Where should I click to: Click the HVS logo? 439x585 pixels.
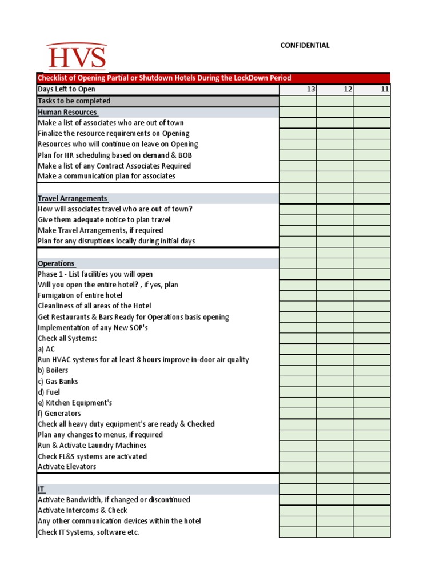(x=77, y=57)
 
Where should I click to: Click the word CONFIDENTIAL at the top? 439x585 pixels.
(x=305, y=46)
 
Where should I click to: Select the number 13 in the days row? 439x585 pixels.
(x=310, y=89)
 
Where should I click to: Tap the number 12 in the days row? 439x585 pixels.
(x=347, y=89)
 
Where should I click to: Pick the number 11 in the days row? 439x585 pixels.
(x=384, y=89)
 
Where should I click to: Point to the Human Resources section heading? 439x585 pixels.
(x=67, y=112)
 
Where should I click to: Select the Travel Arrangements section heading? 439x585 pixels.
(x=73, y=198)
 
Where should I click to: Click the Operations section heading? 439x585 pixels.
(x=56, y=263)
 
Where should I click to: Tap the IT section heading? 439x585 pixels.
(x=41, y=489)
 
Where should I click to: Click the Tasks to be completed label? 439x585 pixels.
(x=74, y=101)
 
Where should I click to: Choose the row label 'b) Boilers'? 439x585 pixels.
(x=53, y=370)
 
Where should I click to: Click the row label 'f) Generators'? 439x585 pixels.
(x=59, y=413)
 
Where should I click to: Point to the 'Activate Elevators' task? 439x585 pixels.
(x=67, y=467)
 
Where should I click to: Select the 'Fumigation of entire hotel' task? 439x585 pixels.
(x=80, y=295)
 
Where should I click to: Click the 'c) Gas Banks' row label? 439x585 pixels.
(x=58, y=381)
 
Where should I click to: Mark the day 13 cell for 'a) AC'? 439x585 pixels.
(x=298, y=349)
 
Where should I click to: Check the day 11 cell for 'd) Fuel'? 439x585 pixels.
(x=372, y=392)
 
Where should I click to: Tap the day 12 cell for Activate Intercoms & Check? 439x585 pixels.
(x=334, y=510)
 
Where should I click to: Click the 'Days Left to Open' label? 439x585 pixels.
(x=66, y=89)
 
